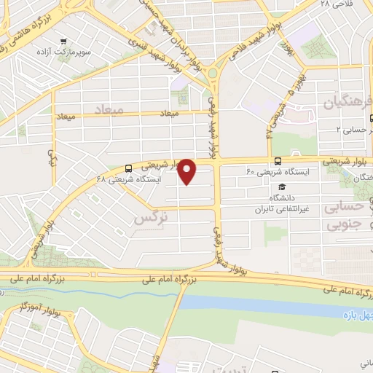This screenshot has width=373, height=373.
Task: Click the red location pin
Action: [x=187, y=170]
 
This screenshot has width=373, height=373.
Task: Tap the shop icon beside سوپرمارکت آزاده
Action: [x=66, y=42]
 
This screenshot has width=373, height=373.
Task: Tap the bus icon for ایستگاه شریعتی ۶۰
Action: [x=277, y=161]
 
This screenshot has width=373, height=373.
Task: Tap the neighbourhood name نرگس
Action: [x=146, y=217]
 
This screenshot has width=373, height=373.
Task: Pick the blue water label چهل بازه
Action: [x=356, y=314]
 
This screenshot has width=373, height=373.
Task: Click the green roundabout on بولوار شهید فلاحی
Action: [x=215, y=73]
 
